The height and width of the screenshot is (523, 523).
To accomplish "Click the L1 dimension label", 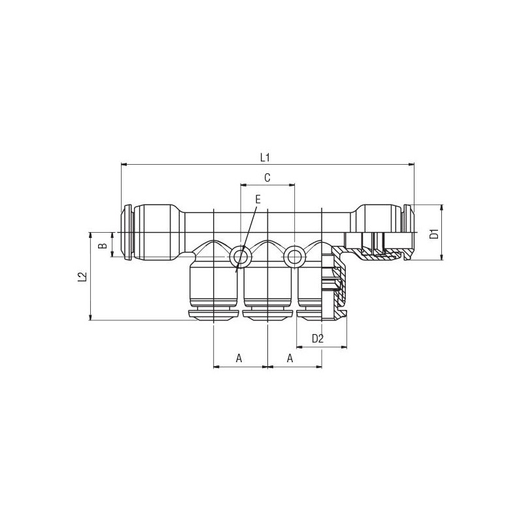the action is point(265,158).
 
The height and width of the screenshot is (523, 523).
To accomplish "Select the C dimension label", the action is point(267,178).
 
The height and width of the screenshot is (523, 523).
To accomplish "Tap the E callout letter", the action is point(258,199).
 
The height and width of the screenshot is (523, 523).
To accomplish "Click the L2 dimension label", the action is point(82,277).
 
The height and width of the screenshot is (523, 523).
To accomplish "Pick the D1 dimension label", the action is point(434,234).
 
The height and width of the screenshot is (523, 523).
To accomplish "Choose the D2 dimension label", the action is point(318,339).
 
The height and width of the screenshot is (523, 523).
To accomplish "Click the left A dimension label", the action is point(239,358).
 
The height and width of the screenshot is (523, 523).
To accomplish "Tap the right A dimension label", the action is point(290,358).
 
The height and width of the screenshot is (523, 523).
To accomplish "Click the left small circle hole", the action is point(240,257).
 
